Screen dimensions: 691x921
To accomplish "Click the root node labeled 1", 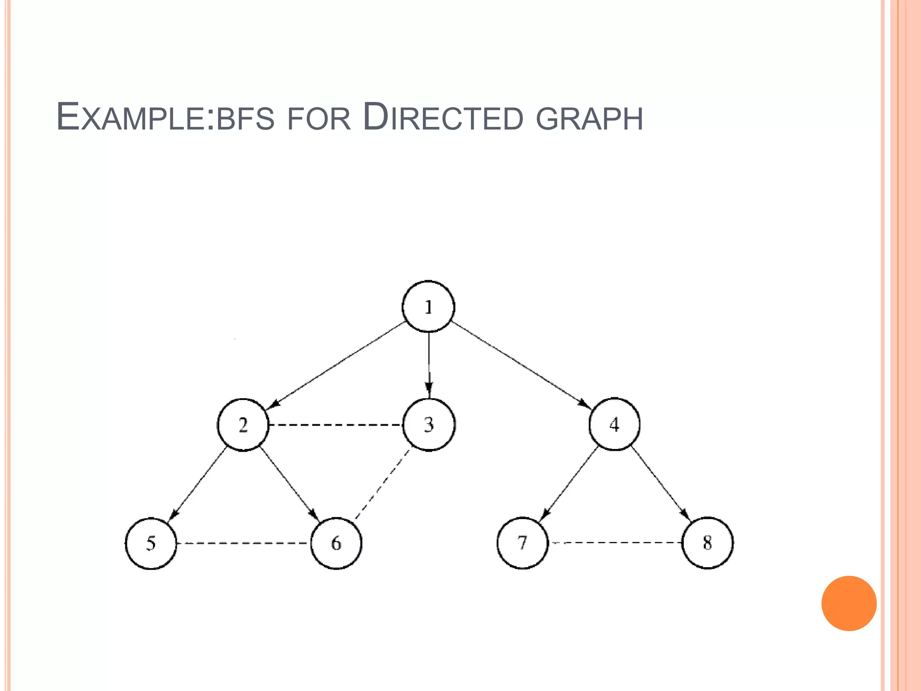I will point(428,307).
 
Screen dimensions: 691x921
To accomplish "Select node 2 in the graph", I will point(243,425).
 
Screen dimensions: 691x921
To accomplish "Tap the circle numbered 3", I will point(429,425).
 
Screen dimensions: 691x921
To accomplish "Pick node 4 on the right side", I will point(614,424).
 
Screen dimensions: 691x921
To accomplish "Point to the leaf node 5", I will point(151,543).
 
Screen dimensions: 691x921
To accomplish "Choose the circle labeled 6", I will point(336,543).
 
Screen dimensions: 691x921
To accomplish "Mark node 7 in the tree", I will point(522,543).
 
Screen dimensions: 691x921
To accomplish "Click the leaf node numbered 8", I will point(707,543).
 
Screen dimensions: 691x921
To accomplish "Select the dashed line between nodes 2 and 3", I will point(335,425).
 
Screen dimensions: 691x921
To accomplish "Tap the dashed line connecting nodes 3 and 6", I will point(382,484).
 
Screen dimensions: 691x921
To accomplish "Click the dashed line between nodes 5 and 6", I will point(243,543).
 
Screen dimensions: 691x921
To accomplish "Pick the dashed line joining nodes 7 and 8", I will point(615,543).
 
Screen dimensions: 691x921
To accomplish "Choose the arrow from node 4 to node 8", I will point(660,483).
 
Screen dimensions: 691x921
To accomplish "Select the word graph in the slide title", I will point(589,119).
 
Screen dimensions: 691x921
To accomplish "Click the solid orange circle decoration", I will point(849,603).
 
